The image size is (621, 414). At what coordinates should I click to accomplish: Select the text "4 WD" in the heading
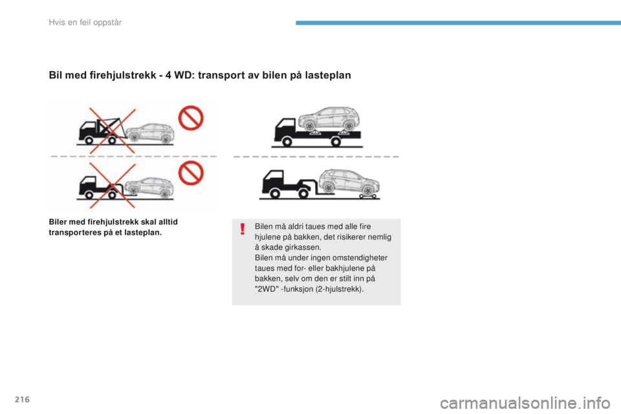click(x=162, y=75)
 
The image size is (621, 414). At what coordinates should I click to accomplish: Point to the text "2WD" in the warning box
click(x=267, y=289)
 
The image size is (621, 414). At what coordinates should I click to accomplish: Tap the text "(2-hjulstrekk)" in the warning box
click(x=342, y=289)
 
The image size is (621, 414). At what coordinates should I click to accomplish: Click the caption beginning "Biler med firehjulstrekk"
click(x=114, y=226)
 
